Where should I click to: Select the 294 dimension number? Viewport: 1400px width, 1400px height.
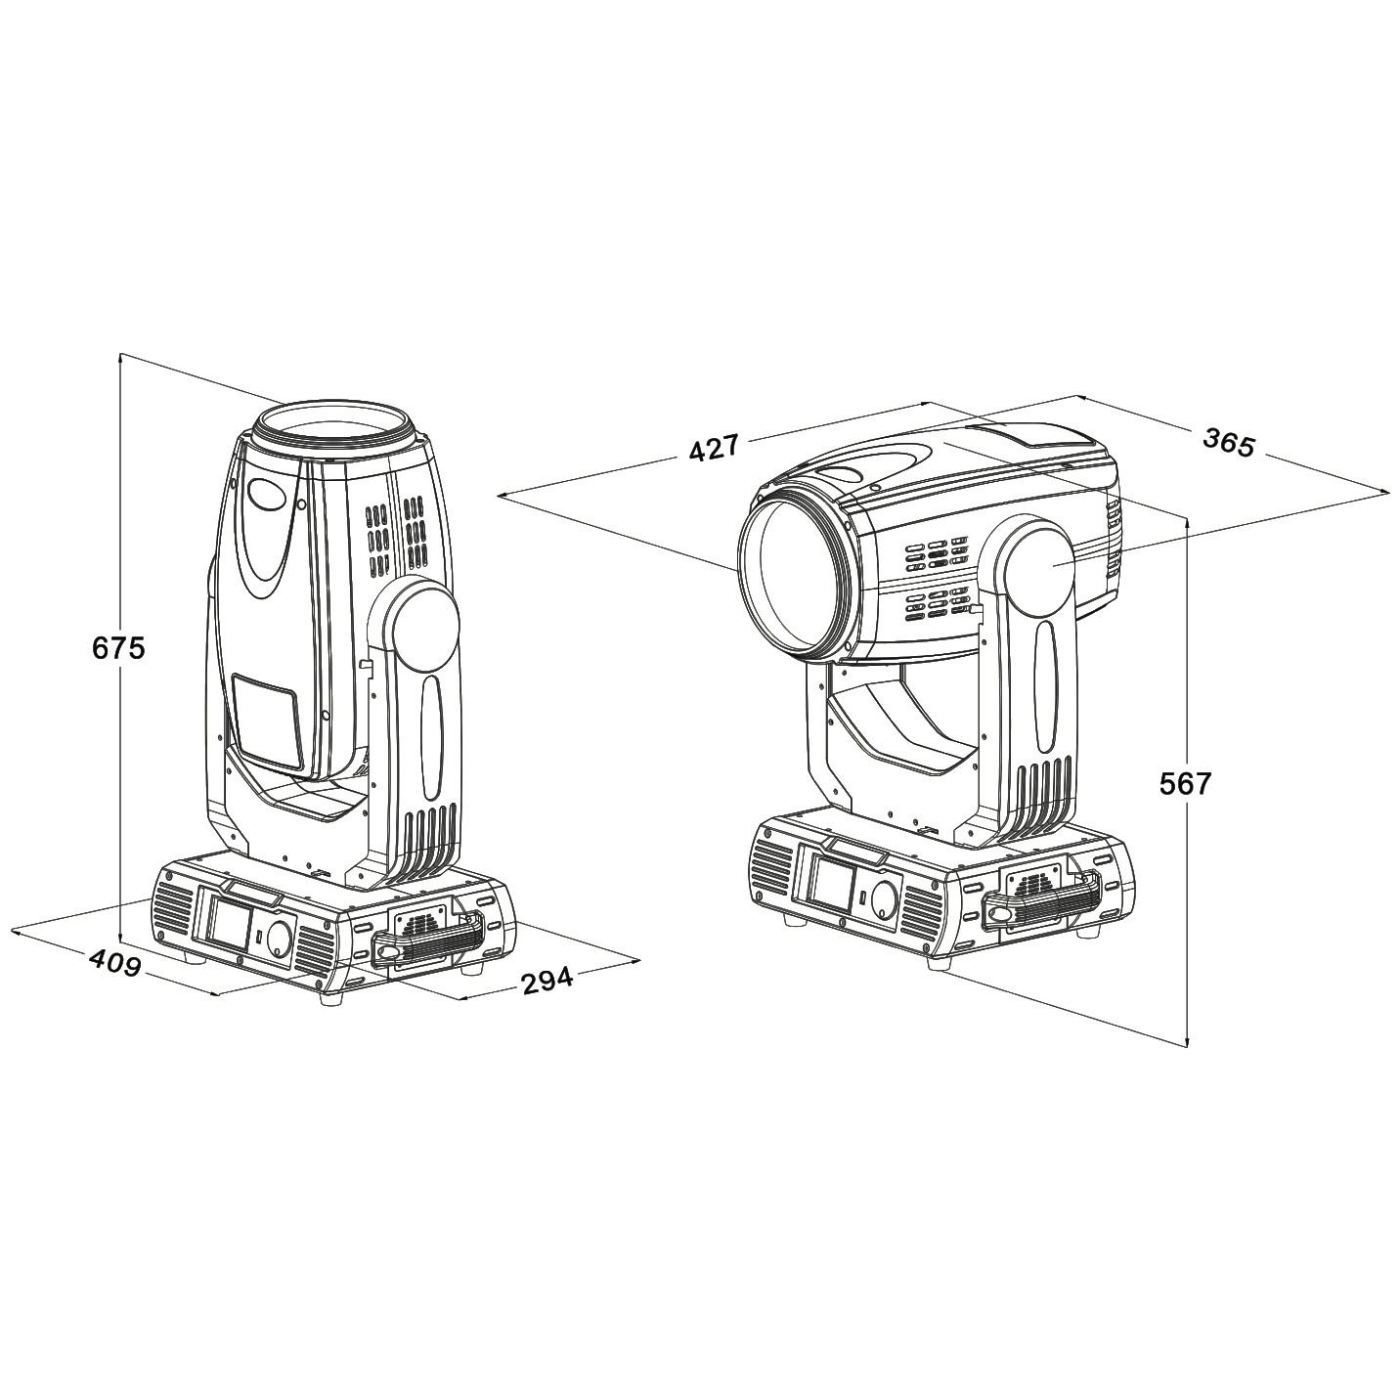[547, 980]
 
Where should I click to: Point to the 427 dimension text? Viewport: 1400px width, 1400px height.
[713, 449]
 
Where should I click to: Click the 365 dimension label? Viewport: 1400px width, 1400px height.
[1229, 442]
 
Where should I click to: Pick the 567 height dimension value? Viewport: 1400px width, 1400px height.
[1186, 784]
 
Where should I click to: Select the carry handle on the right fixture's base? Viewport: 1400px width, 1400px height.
[1039, 903]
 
